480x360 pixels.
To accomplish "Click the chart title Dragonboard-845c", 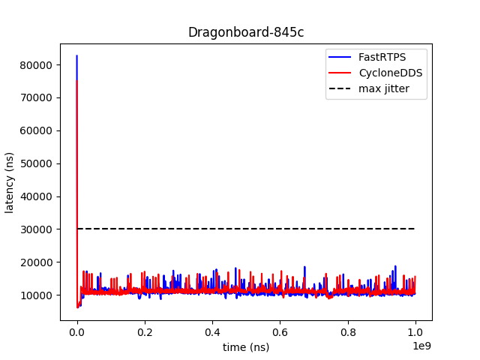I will coord(245,32).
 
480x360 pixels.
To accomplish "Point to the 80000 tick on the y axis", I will coord(37,64).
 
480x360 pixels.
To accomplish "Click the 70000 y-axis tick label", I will coord(37,97).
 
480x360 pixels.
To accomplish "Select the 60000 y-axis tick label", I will coord(37,130).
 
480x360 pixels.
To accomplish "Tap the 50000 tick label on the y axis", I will coord(37,163).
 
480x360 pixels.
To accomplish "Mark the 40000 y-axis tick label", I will coord(37,196).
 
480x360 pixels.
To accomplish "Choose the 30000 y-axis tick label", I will coord(37,229).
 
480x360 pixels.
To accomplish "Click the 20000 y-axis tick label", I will coord(37,262).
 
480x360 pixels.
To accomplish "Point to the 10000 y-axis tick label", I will coord(37,295).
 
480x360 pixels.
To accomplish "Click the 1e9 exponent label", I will coord(422,346).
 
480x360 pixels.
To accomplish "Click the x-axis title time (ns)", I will coord(245,346).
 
